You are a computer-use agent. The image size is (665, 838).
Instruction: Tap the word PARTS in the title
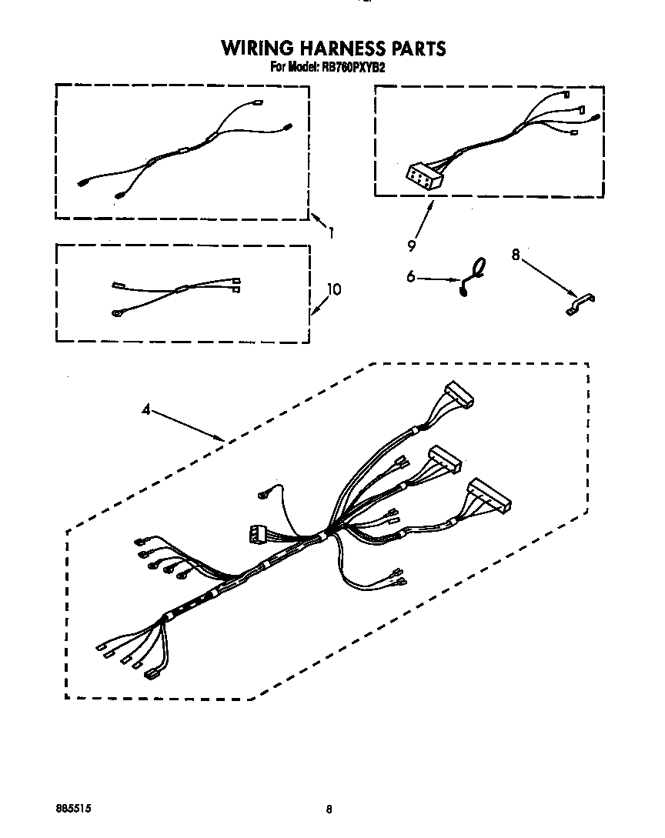(x=419, y=48)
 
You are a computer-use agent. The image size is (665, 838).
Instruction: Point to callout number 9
(x=412, y=245)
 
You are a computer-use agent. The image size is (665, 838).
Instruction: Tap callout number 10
(x=334, y=289)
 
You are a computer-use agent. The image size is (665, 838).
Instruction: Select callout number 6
(x=411, y=276)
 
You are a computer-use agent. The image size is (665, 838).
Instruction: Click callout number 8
(x=516, y=255)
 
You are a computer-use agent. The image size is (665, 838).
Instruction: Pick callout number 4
(x=146, y=410)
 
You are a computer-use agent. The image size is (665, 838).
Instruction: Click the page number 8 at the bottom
(x=329, y=809)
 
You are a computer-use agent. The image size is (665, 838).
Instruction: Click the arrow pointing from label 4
(x=188, y=426)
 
